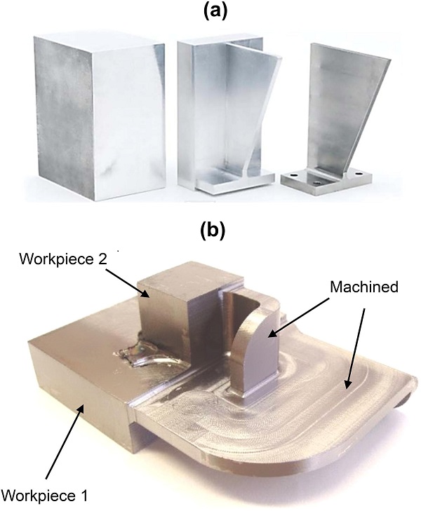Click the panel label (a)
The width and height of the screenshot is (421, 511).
tap(214, 12)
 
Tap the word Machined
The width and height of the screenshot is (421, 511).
tap(364, 287)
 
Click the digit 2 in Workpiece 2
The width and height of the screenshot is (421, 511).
tap(102, 259)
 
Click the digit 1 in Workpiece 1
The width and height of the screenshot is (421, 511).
tap(83, 496)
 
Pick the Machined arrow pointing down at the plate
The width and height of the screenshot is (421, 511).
tap(355, 349)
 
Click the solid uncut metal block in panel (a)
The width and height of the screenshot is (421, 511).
tap(99, 116)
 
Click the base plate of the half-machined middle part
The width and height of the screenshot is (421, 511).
tap(236, 182)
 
